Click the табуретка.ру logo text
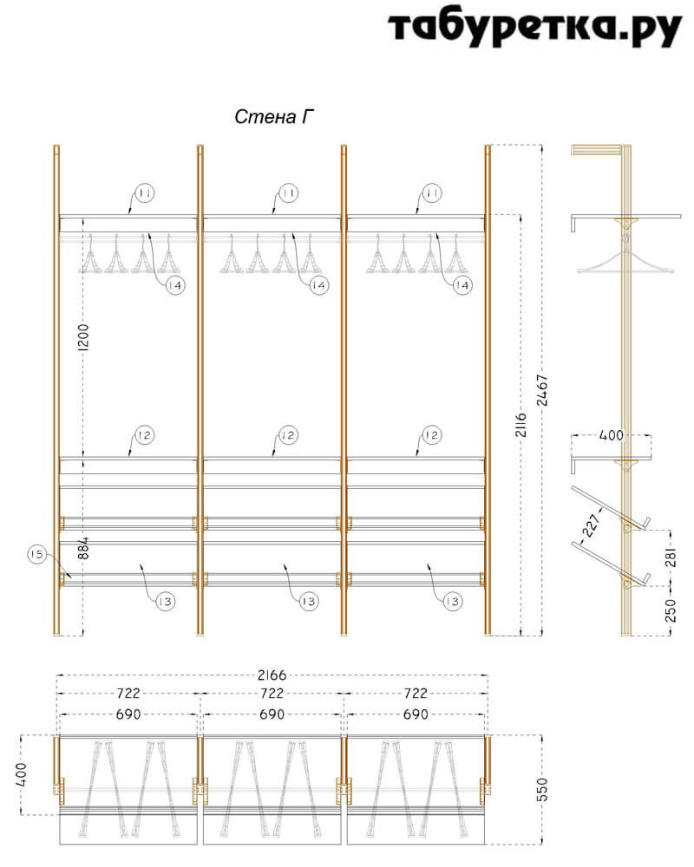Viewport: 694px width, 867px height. coord(534,28)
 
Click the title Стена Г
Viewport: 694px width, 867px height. coord(274,117)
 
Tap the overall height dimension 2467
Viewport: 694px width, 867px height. coord(542,390)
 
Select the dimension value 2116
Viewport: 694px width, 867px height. coord(521,424)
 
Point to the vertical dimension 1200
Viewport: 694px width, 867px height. coord(83,337)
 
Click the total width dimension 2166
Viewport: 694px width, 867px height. coord(272,675)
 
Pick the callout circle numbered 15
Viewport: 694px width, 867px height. coord(37,554)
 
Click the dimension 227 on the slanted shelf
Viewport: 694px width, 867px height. coord(591,525)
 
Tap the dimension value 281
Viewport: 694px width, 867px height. coord(671,557)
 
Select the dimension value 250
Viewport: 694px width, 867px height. coord(671,610)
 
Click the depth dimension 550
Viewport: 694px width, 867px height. coord(542,789)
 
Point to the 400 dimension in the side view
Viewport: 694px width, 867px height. coord(612,435)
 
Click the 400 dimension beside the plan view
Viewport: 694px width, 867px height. coord(21,774)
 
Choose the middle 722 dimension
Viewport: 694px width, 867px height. coord(272,693)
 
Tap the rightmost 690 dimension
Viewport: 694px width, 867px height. coord(416,714)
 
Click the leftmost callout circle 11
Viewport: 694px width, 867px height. coord(145,193)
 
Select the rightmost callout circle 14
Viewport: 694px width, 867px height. coord(462,285)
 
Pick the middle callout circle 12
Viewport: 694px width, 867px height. coord(288,435)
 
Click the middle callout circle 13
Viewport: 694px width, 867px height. coord(308,601)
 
